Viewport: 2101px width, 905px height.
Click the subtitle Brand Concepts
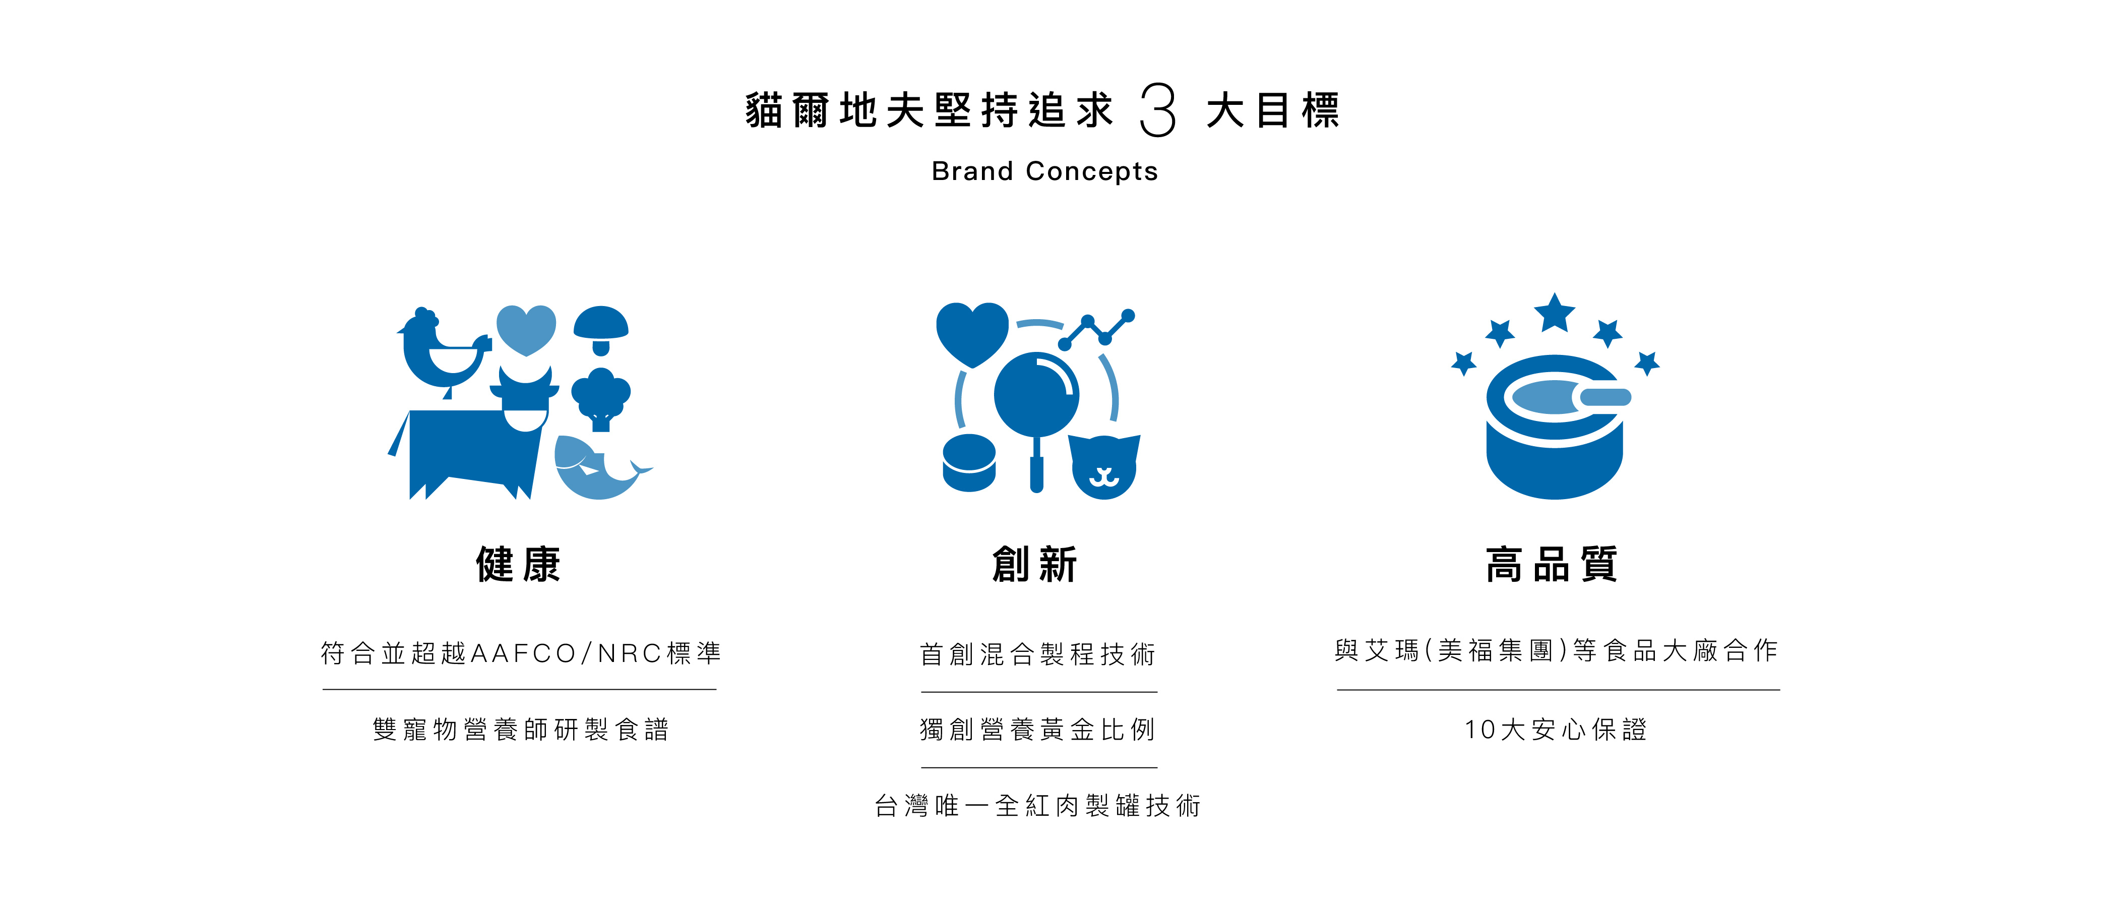(1045, 171)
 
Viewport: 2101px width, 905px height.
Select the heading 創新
(1035, 564)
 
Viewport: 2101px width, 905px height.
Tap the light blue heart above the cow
(526, 329)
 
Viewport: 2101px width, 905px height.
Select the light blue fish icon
(595, 469)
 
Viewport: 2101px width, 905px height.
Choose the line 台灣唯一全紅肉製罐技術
(1037, 806)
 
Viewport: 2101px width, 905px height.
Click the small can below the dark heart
(969, 463)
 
